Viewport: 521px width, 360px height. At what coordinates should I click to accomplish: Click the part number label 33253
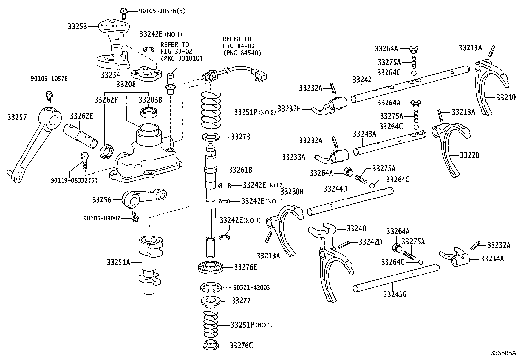pos(78,27)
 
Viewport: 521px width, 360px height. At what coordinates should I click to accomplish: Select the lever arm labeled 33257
pos(33,144)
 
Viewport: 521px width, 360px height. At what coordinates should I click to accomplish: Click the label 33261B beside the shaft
pos(241,170)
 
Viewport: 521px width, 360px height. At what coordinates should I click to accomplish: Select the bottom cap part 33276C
pos(211,345)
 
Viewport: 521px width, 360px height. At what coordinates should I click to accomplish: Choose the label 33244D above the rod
pos(335,189)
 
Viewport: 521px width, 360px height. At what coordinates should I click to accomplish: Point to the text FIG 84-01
pos(239,46)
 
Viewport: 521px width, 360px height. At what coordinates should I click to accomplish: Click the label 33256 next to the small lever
pos(102,200)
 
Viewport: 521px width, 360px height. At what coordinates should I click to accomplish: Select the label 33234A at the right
pos(492,259)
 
